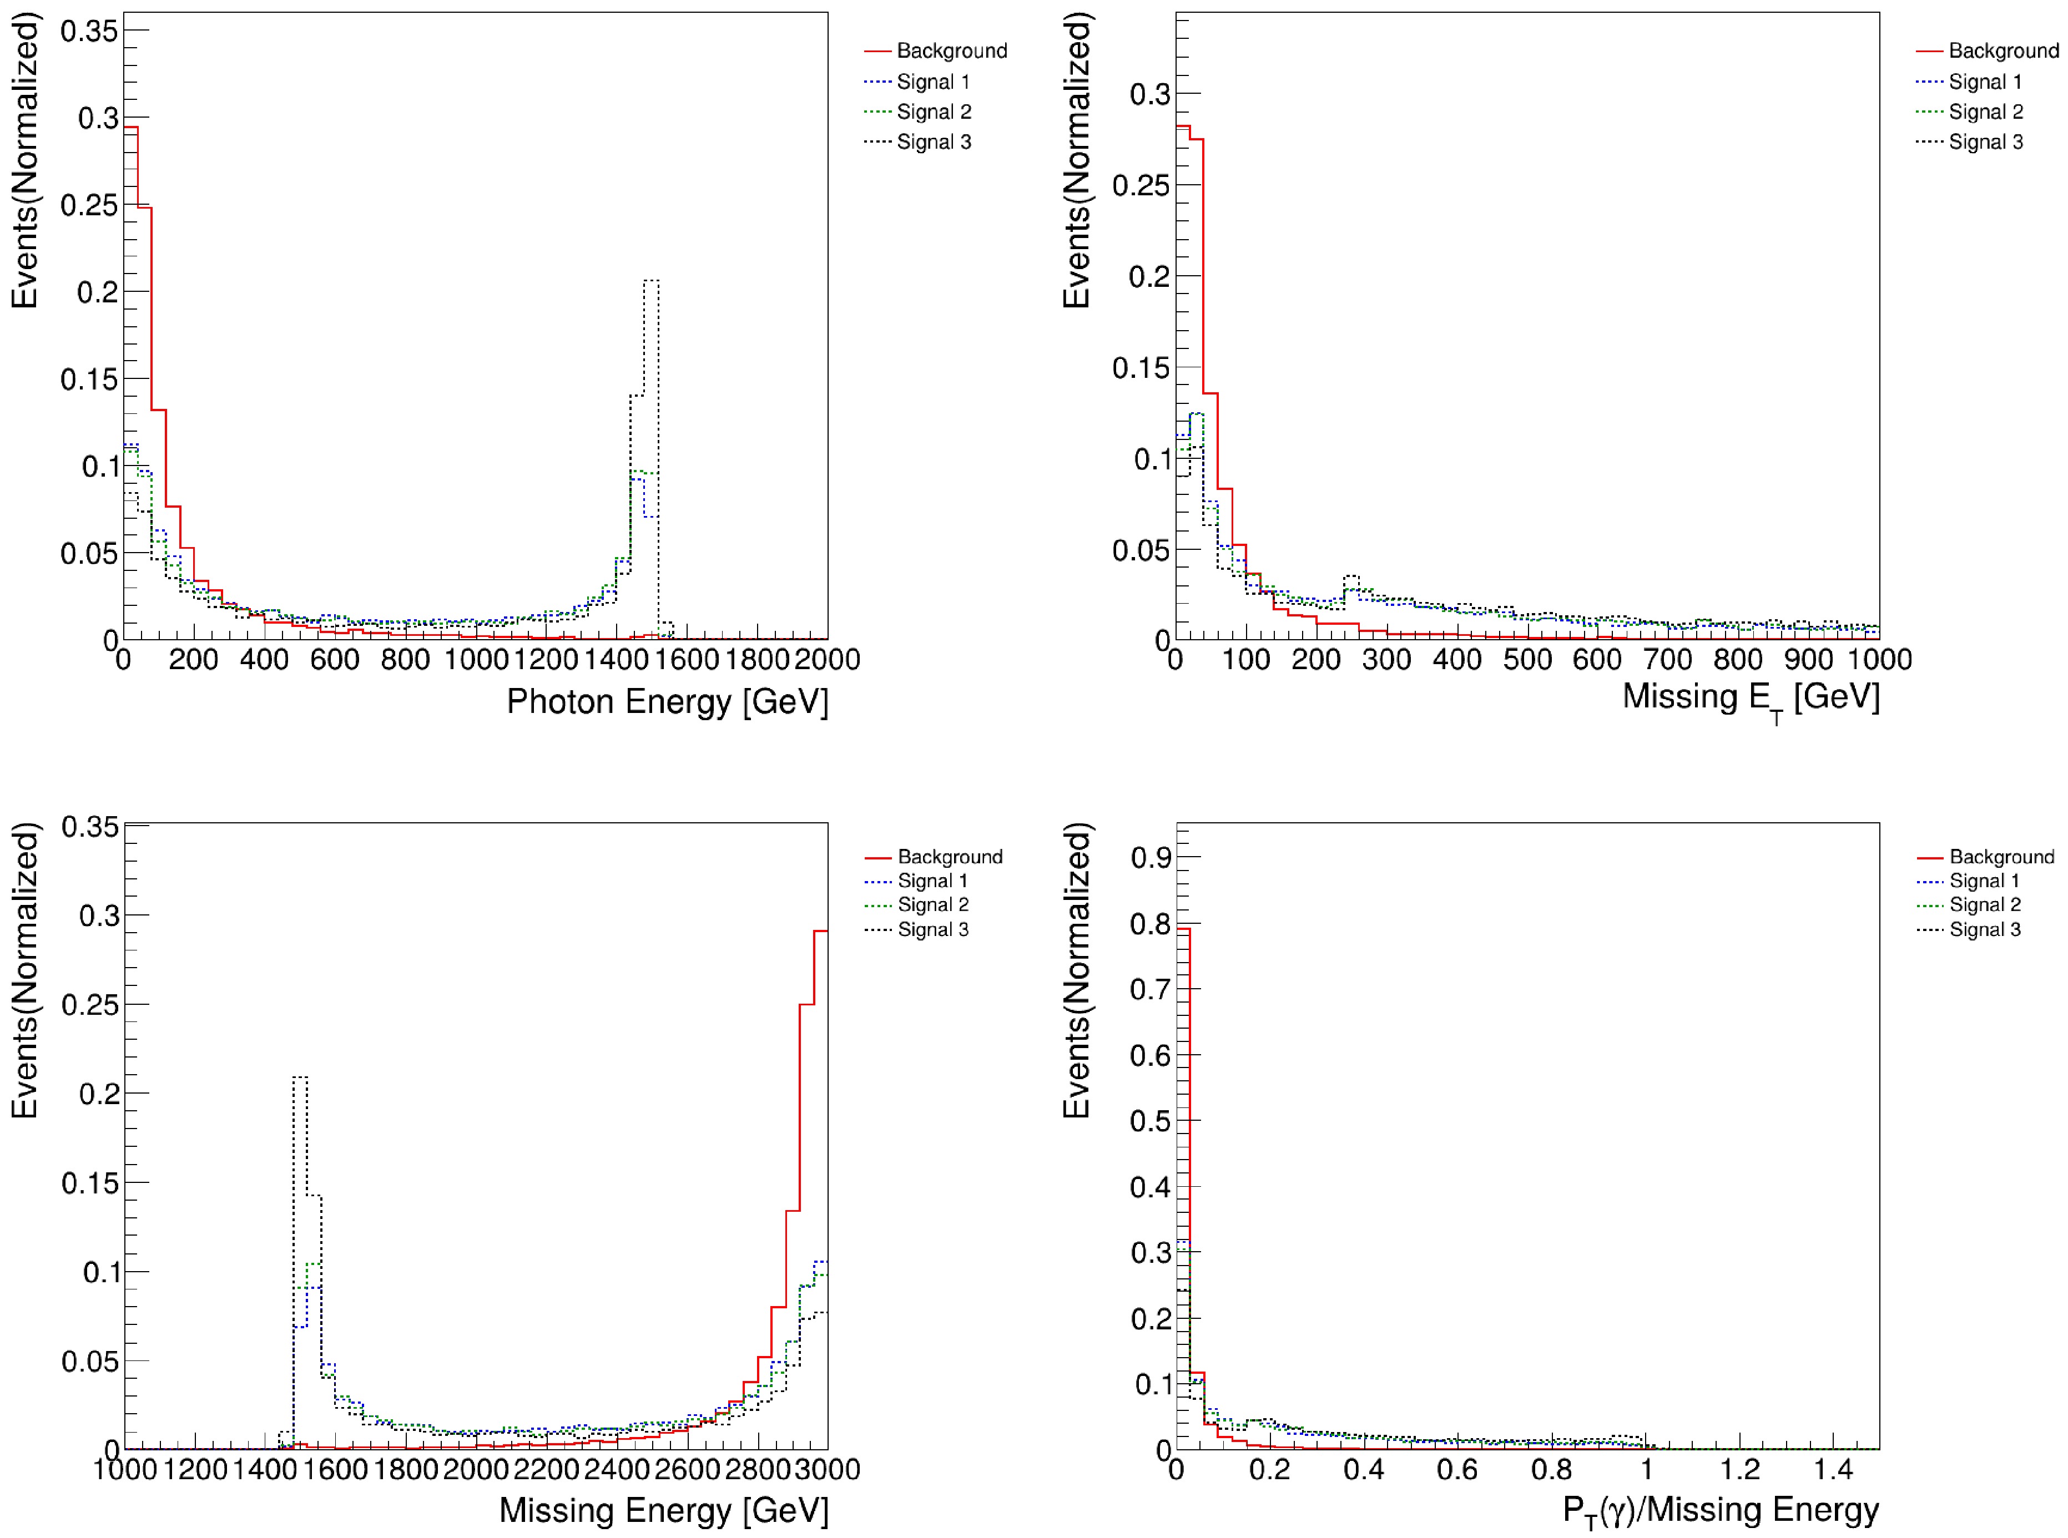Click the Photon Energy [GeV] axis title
[x=667, y=702]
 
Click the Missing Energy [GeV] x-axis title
[x=663, y=1510]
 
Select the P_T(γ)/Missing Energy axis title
[x=1720, y=1510]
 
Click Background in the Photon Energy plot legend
[x=951, y=51]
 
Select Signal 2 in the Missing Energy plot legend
[x=932, y=905]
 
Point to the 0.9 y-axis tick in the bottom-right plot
[x=1151, y=857]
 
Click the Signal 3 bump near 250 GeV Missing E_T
[x=1351, y=576]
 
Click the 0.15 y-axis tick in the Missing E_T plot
[x=1141, y=368]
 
